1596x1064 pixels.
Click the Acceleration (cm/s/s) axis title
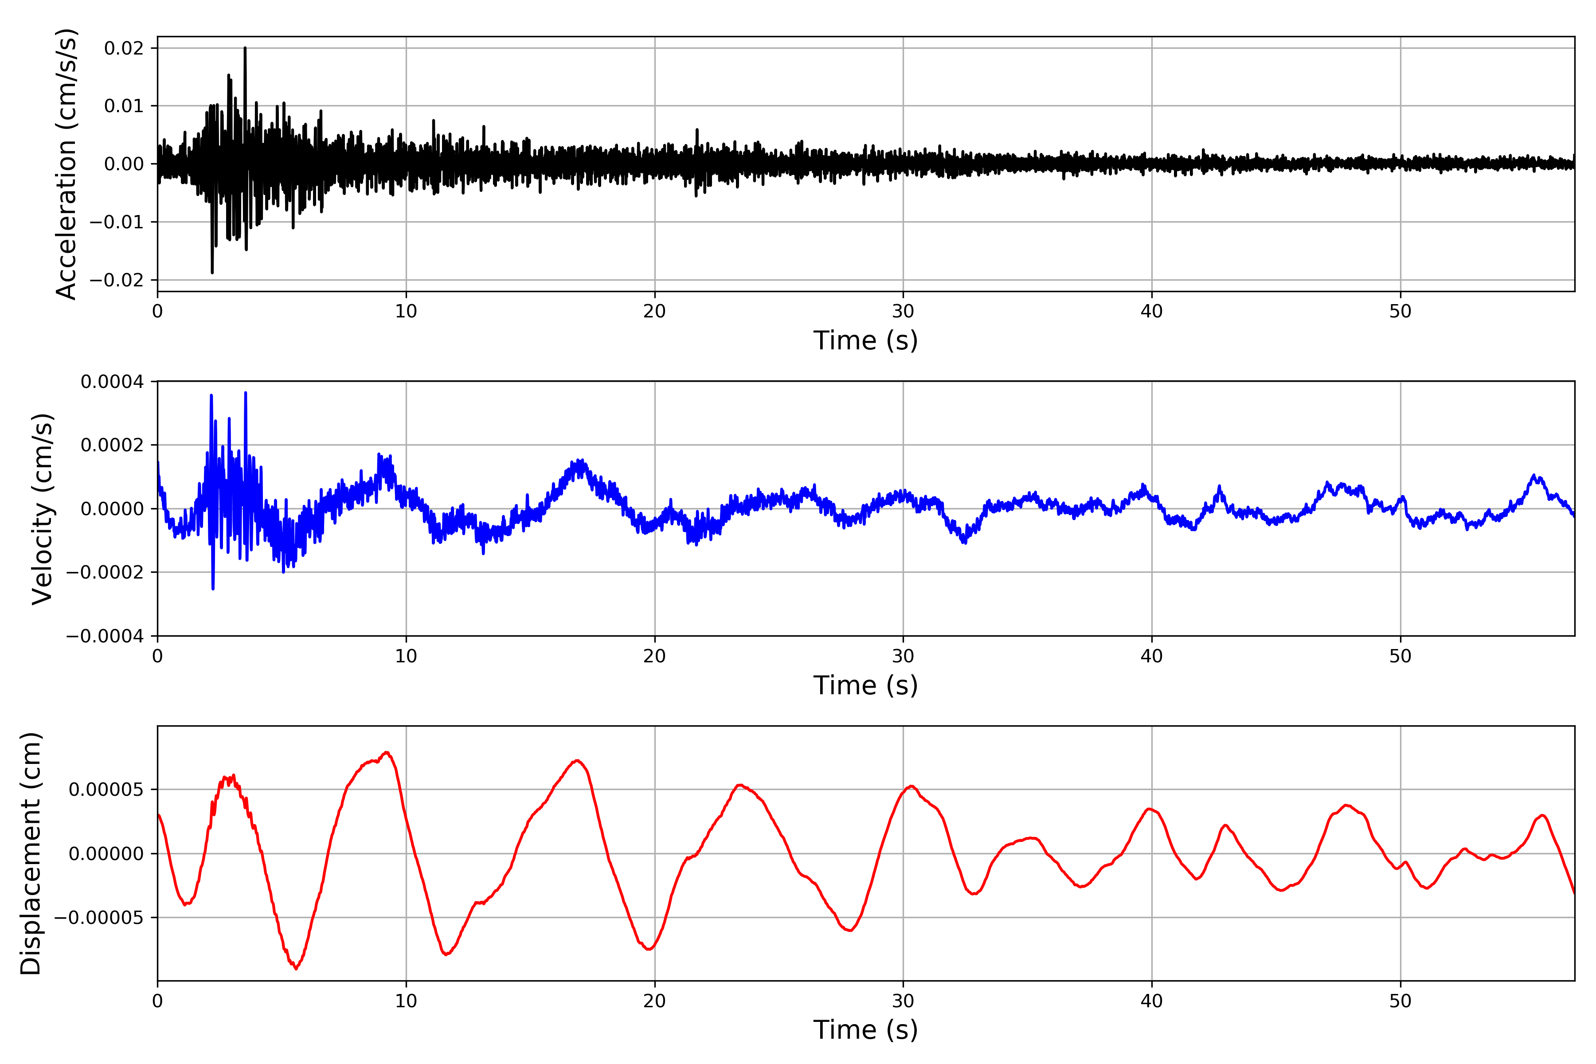click(66, 164)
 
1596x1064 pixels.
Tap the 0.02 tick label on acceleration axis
click(124, 48)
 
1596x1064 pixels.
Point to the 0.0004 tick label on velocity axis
click(112, 382)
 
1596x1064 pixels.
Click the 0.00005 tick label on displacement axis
click(106, 790)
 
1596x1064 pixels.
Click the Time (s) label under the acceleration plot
click(865, 340)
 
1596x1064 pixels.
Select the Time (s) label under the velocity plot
click(865, 685)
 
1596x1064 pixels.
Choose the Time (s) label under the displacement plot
click(865, 1030)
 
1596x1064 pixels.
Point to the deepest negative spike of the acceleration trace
click(212, 273)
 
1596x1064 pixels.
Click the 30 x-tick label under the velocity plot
click(903, 656)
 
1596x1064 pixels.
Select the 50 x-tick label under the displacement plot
click(1400, 1001)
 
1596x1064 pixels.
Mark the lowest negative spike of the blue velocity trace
click(213, 588)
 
